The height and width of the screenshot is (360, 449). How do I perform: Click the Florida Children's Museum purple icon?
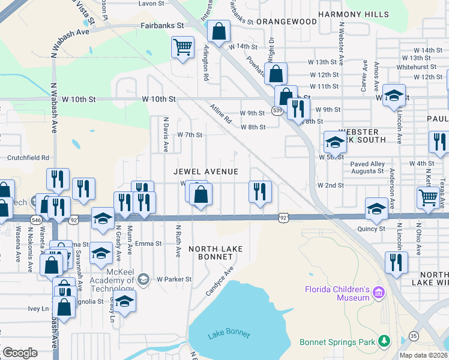[x=378, y=293]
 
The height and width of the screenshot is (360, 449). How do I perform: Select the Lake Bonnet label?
[x=228, y=334]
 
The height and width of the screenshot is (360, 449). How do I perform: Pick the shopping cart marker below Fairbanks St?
[x=182, y=47]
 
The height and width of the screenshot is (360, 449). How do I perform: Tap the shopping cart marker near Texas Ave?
[x=427, y=197]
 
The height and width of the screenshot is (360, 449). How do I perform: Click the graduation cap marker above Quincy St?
[x=376, y=208]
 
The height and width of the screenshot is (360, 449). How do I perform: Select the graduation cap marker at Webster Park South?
[x=335, y=142]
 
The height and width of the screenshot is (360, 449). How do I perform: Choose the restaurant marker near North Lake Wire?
[x=396, y=262]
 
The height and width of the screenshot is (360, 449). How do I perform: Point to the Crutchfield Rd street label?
[x=28, y=158]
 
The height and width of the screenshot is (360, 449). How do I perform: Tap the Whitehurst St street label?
[x=414, y=67]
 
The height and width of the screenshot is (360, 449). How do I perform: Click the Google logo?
[x=20, y=353]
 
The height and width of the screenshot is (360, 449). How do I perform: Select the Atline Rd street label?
[x=220, y=113]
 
